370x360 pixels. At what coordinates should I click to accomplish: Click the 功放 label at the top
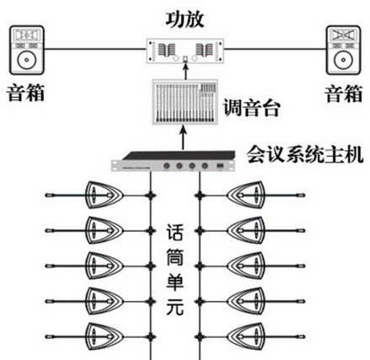[x=185, y=19]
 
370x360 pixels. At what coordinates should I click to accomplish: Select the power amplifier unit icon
[x=185, y=51]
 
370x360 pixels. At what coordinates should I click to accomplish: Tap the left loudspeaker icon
[x=27, y=50]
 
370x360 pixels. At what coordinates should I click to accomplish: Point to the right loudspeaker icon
[x=343, y=50]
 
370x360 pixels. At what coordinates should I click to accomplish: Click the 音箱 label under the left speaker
[x=25, y=93]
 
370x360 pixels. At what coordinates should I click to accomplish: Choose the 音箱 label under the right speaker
[x=344, y=94]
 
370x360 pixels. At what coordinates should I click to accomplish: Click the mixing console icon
[x=185, y=102]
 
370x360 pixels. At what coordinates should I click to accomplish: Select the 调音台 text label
[x=251, y=108]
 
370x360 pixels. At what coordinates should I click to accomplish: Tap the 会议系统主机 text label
[x=305, y=154]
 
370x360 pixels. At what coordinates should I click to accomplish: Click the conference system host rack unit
[x=173, y=161]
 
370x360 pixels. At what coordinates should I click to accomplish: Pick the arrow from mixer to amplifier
[x=185, y=72]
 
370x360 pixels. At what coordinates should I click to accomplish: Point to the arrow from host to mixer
[x=183, y=137]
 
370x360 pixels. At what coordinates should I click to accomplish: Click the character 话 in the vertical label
[x=175, y=233]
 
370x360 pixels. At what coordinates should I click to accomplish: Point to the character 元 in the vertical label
[x=175, y=307]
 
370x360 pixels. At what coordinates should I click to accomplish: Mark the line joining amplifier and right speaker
[x=275, y=49]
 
